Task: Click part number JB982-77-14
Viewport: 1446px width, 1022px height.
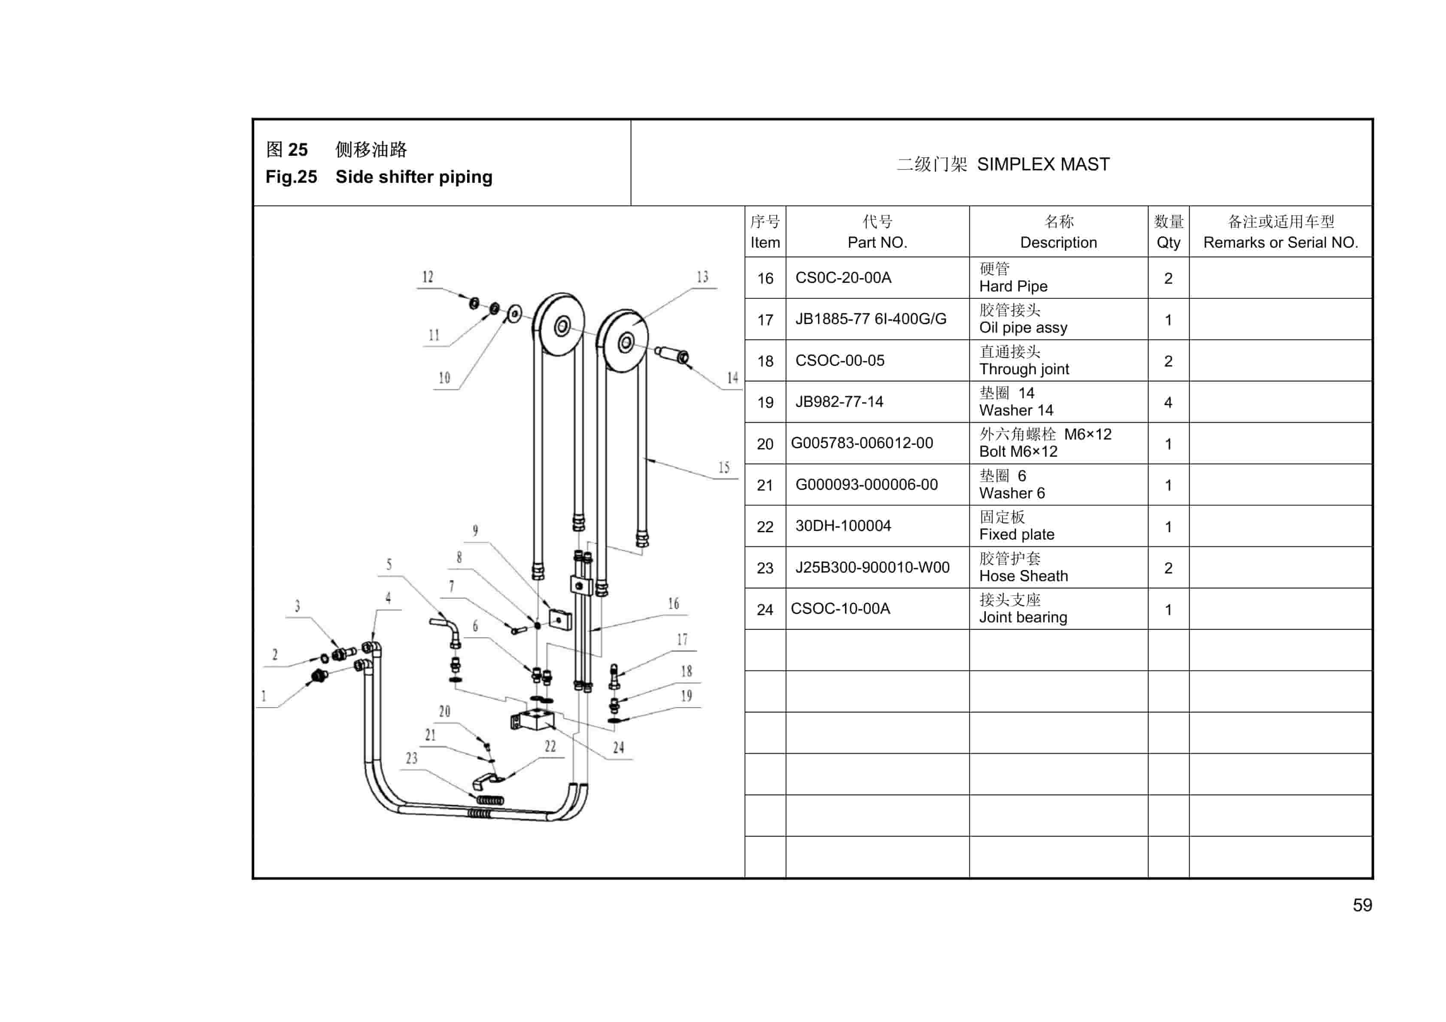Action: [x=839, y=402]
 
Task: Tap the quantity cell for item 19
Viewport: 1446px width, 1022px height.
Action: [x=1168, y=402]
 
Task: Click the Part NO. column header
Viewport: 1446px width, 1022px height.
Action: [x=877, y=232]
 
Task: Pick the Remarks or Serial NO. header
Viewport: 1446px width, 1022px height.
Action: [x=1280, y=232]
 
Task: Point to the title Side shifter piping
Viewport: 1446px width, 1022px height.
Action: [x=414, y=177]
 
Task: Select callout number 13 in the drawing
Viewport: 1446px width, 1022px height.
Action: [x=702, y=277]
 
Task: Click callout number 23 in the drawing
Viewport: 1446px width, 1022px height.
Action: [x=411, y=758]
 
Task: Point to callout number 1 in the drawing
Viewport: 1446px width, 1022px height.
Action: [x=264, y=696]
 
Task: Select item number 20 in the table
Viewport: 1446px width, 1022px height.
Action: [x=765, y=444]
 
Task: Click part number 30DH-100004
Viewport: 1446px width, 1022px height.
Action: [x=843, y=526]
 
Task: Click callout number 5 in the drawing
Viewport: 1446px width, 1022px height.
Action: [x=389, y=564]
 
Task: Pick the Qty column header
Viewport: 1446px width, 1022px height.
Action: [x=1168, y=232]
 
